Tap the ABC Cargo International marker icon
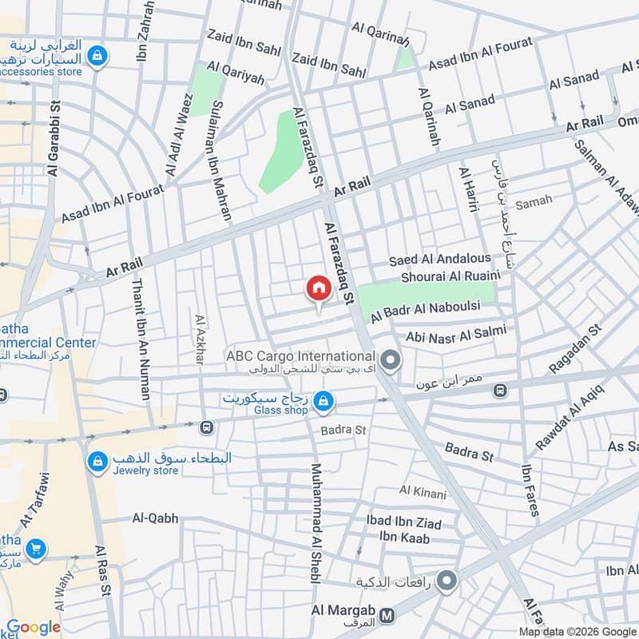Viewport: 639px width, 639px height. (x=390, y=362)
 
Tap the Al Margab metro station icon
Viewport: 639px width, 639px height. (x=388, y=616)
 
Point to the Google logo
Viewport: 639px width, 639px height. (x=34, y=627)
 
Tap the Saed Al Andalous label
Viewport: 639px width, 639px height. (x=440, y=260)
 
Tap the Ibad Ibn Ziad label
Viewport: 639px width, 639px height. (x=403, y=521)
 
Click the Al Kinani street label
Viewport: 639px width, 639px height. (x=423, y=493)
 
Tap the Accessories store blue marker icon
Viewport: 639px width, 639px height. (x=97, y=56)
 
